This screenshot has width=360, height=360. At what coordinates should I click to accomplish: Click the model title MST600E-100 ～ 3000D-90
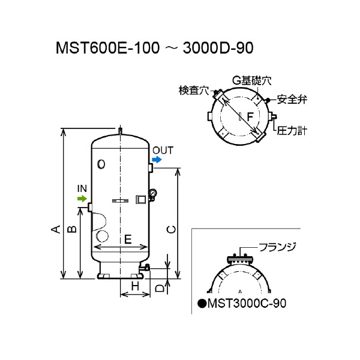(x=160, y=48)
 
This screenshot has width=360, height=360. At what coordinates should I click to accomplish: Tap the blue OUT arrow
(x=157, y=160)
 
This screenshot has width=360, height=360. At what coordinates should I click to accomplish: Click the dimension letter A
(x=55, y=229)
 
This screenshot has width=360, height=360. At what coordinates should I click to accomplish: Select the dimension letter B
(x=71, y=229)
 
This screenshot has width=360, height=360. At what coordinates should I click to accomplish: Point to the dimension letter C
(x=170, y=229)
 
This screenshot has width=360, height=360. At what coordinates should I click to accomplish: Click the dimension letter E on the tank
(x=127, y=239)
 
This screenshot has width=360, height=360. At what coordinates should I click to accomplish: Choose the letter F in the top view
(x=250, y=114)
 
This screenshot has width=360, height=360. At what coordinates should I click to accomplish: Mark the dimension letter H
(x=135, y=287)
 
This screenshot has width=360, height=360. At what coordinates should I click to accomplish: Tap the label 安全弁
(x=293, y=99)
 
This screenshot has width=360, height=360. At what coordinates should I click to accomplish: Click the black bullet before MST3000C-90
(x=202, y=304)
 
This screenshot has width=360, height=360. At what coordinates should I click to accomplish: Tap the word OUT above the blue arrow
(x=162, y=150)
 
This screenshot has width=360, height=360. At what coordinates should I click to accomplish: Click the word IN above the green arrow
(x=83, y=188)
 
